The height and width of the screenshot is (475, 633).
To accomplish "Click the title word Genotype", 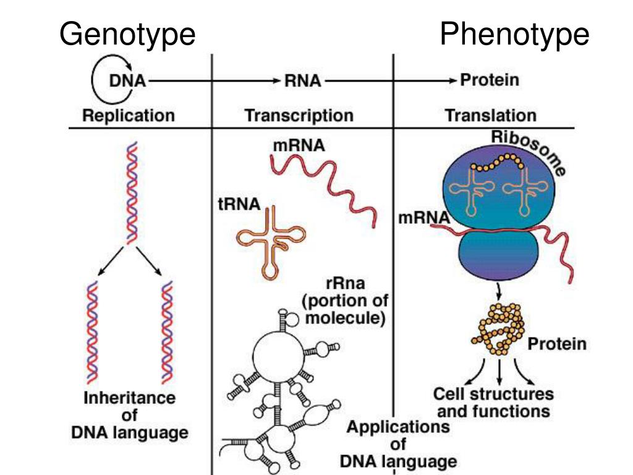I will [x=127, y=35].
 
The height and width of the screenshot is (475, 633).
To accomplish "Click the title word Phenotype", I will [x=514, y=35].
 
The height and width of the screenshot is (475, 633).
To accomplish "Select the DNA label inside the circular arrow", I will [x=127, y=82].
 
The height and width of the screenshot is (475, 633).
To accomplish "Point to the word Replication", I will [x=129, y=116].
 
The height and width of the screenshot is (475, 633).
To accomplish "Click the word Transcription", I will [x=299, y=116].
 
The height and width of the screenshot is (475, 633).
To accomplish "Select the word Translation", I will [x=491, y=116].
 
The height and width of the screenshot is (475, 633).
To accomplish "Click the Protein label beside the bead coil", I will [x=556, y=344].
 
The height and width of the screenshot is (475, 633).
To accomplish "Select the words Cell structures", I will [x=493, y=394].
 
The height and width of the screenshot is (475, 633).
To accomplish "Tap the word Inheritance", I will [x=130, y=398].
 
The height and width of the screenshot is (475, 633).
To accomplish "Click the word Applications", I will [x=398, y=427].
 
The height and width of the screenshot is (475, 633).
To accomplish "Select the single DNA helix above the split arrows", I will [x=130, y=192].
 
